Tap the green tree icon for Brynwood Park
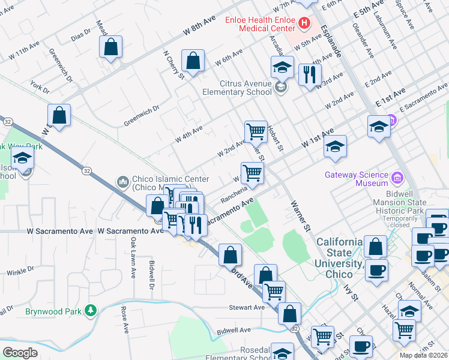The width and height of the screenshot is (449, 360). click(90, 310)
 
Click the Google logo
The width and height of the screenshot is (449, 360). click(20, 353)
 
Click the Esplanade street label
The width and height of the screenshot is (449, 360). click(330, 41)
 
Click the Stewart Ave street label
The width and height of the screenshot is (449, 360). click(246, 307)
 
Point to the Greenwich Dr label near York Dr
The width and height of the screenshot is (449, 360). click(61, 69)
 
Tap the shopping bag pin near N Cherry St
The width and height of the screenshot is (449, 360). click(193, 61)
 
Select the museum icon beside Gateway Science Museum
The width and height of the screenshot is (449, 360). click(396, 177)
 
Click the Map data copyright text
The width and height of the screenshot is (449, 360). click(424, 355)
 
